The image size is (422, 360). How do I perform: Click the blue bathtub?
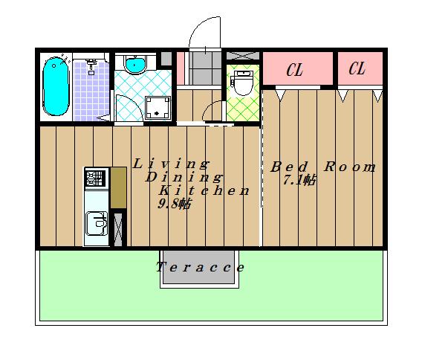(x=56, y=86)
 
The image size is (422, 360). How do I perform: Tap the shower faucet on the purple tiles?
(x=91, y=67)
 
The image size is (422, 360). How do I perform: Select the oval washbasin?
(x=134, y=65)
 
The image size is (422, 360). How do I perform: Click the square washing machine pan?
(x=158, y=108)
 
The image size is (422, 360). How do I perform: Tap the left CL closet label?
(x=295, y=71)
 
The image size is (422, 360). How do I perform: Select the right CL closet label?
(x=357, y=69)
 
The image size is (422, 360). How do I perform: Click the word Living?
(x=171, y=163)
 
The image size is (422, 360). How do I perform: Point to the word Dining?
(x=184, y=177)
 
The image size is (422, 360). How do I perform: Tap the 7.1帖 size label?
(x=299, y=180)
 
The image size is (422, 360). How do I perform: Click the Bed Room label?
(x=322, y=167)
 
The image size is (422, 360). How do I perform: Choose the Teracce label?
(x=201, y=267)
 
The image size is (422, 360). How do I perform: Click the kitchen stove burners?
(x=95, y=179)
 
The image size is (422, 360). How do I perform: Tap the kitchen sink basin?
(x=96, y=222)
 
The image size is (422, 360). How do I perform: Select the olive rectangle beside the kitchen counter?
(x=118, y=188)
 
